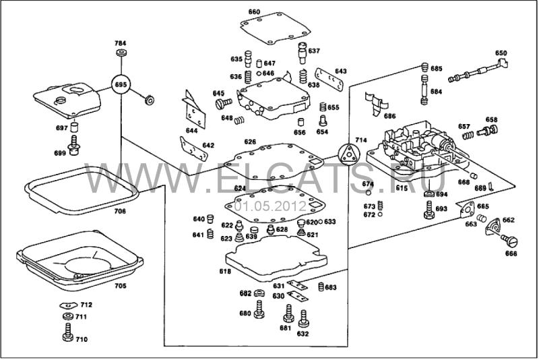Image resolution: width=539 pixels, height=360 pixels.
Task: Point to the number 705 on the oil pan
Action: tap(119, 285)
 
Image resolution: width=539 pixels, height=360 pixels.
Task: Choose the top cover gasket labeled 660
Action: tap(275, 28)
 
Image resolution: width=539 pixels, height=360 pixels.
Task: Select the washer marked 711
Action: tap(67, 317)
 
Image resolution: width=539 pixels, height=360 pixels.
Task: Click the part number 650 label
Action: tap(501, 53)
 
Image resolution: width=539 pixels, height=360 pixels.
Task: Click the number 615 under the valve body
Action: tap(402, 188)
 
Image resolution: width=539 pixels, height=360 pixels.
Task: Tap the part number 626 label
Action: tap(250, 142)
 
